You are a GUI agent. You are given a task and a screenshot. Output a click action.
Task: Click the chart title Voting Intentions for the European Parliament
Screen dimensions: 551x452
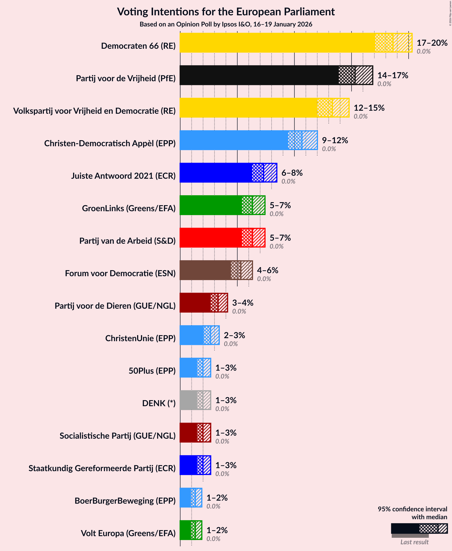click(226, 12)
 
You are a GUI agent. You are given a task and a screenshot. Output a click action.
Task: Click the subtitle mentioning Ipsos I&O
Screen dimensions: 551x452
click(226, 24)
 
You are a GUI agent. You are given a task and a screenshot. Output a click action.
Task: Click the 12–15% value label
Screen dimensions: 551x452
click(369, 108)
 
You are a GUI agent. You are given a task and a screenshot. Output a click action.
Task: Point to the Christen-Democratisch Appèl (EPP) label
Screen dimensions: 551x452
click(110, 143)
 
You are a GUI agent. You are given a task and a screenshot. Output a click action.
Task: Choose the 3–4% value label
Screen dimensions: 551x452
click(242, 302)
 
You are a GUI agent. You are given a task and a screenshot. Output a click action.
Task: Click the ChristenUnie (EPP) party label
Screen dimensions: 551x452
click(140, 338)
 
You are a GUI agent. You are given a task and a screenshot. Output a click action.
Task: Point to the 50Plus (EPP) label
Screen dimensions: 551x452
click(152, 370)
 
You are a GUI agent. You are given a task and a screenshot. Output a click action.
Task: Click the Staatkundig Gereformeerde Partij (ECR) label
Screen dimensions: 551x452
click(102, 468)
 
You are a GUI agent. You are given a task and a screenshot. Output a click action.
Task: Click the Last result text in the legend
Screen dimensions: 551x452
click(414, 542)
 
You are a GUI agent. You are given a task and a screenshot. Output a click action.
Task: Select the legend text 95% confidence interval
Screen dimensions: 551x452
click(412, 509)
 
